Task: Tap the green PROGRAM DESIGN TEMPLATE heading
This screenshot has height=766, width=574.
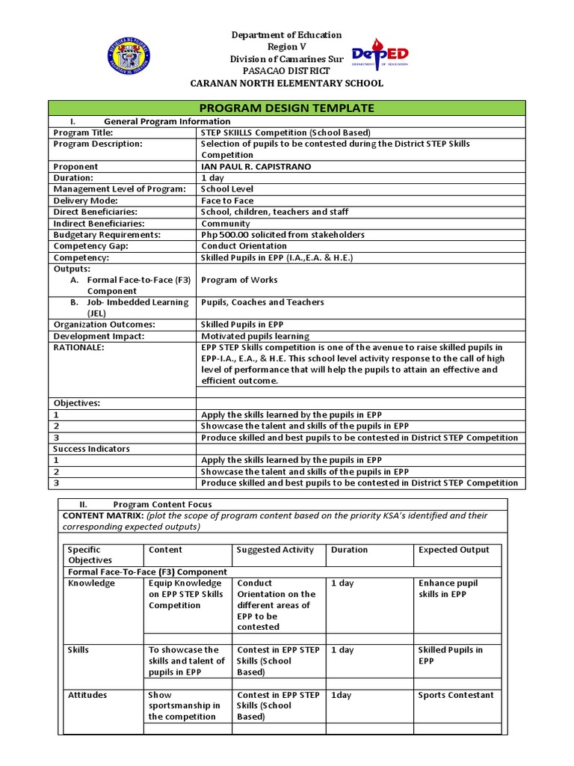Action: coord(287,108)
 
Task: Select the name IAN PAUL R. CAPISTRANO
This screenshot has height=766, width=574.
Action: coord(256,167)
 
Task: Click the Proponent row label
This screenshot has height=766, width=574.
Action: coord(75,167)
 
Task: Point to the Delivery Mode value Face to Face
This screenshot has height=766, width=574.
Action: coord(227,200)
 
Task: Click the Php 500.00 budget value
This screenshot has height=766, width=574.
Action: coord(283,235)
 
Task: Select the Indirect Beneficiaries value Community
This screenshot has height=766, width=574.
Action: coord(226,224)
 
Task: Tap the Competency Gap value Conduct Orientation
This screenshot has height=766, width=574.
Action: coord(244,246)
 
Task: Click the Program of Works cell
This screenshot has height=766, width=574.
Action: coord(239,280)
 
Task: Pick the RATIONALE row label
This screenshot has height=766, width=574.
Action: coord(79,348)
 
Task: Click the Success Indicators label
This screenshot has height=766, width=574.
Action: coord(91,449)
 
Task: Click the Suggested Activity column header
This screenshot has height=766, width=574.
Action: coord(275,550)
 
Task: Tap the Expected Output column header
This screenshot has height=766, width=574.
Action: coord(454,550)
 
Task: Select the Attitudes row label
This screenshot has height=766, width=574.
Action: coord(87,695)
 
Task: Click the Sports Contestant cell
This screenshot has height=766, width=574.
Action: coord(456,695)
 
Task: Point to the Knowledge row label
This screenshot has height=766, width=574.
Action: coord(91,583)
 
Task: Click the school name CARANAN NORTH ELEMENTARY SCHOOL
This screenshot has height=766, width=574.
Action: coord(287,83)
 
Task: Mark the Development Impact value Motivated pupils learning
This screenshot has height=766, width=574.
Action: coord(255,337)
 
